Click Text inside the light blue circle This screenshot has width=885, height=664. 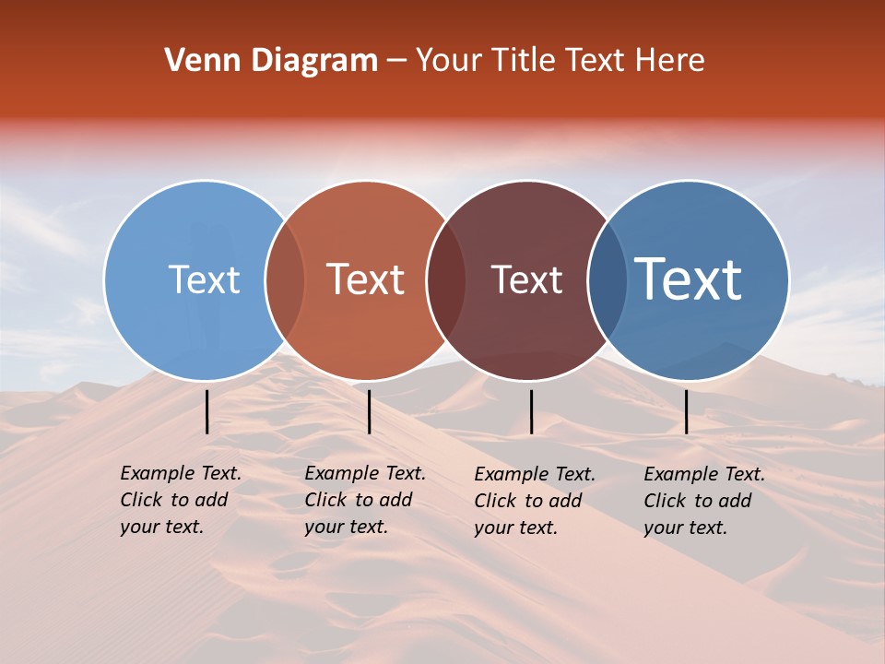click(x=204, y=280)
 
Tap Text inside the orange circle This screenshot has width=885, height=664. click(x=365, y=280)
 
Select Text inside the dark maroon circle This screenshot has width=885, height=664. click(x=526, y=280)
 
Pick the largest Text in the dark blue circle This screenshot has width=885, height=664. click(x=688, y=279)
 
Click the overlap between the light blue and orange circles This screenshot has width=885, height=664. click(x=286, y=280)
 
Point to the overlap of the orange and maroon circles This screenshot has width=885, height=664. click(x=446, y=280)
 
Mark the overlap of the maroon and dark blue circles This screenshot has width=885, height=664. click(x=608, y=280)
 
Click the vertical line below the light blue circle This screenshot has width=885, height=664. click(x=207, y=411)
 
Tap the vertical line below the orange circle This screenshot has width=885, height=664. click(x=369, y=411)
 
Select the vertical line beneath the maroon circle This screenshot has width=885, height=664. click(x=531, y=411)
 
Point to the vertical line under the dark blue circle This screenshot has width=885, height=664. click(x=687, y=411)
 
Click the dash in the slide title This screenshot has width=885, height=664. click(x=396, y=62)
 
